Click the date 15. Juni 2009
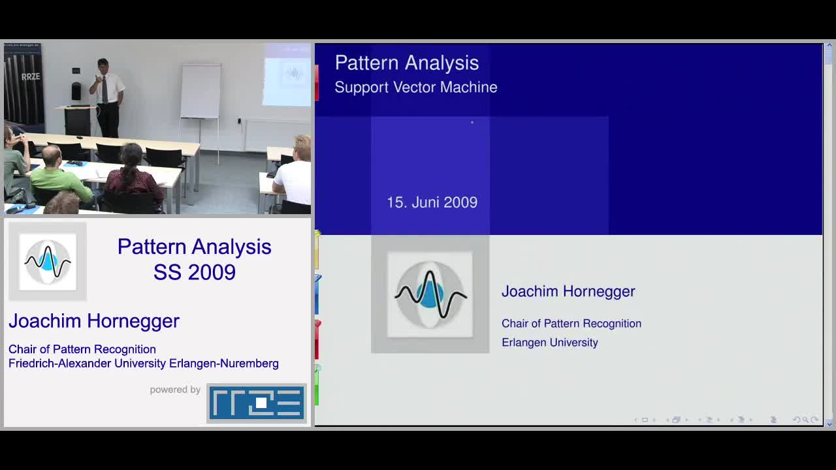(x=432, y=202)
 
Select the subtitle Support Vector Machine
(x=416, y=87)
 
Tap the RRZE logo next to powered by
(x=257, y=403)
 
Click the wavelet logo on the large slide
(x=430, y=294)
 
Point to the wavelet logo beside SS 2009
(x=48, y=262)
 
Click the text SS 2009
(x=195, y=272)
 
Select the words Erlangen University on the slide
(x=549, y=343)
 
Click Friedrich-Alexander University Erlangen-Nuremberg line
(x=144, y=364)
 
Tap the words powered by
(x=175, y=390)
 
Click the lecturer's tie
(x=105, y=89)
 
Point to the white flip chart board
(x=201, y=91)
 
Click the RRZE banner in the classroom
(x=23, y=84)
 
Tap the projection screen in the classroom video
(x=287, y=75)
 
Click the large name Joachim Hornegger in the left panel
(x=94, y=321)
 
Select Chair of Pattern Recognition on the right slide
(x=571, y=323)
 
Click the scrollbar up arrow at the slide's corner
(x=829, y=46)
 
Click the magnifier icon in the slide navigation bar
(x=805, y=420)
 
